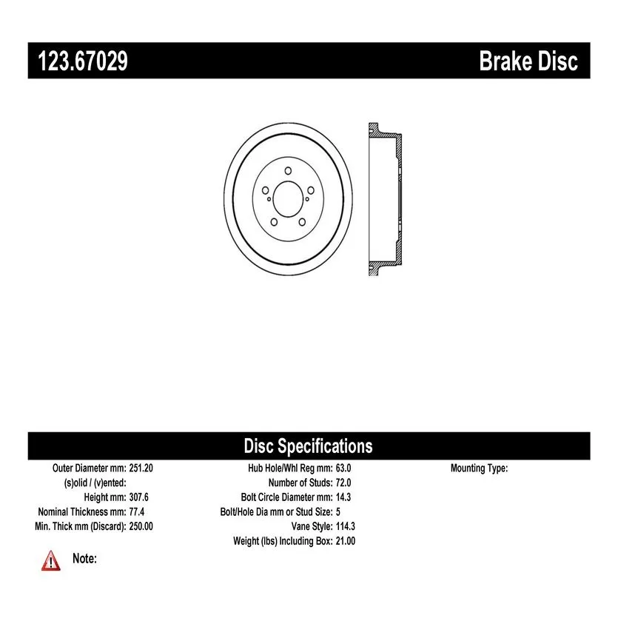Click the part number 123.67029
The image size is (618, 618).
[x=83, y=61]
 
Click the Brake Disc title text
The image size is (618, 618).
[x=528, y=61]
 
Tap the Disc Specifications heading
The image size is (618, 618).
[x=308, y=446]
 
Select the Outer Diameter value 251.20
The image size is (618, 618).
[x=141, y=468]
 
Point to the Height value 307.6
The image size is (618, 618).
[x=138, y=497]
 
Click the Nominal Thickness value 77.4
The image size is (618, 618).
[x=137, y=512]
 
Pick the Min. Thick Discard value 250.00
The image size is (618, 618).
[x=141, y=526]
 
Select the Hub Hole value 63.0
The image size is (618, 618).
[x=343, y=468]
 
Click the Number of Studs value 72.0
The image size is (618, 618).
[x=343, y=483]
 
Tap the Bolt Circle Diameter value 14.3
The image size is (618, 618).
[x=343, y=497]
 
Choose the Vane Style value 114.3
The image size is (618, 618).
[x=345, y=526]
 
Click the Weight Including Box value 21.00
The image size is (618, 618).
[x=345, y=541]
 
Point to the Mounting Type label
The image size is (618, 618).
[x=480, y=468]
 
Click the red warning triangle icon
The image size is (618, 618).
[x=51, y=561]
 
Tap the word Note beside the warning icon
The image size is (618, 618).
[x=84, y=559]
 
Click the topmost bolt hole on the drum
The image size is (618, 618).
[x=288, y=171]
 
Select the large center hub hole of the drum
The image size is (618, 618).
[x=288, y=199]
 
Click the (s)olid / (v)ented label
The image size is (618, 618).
[x=95, y=483]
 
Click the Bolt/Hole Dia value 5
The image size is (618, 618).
[x=337, y=512]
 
